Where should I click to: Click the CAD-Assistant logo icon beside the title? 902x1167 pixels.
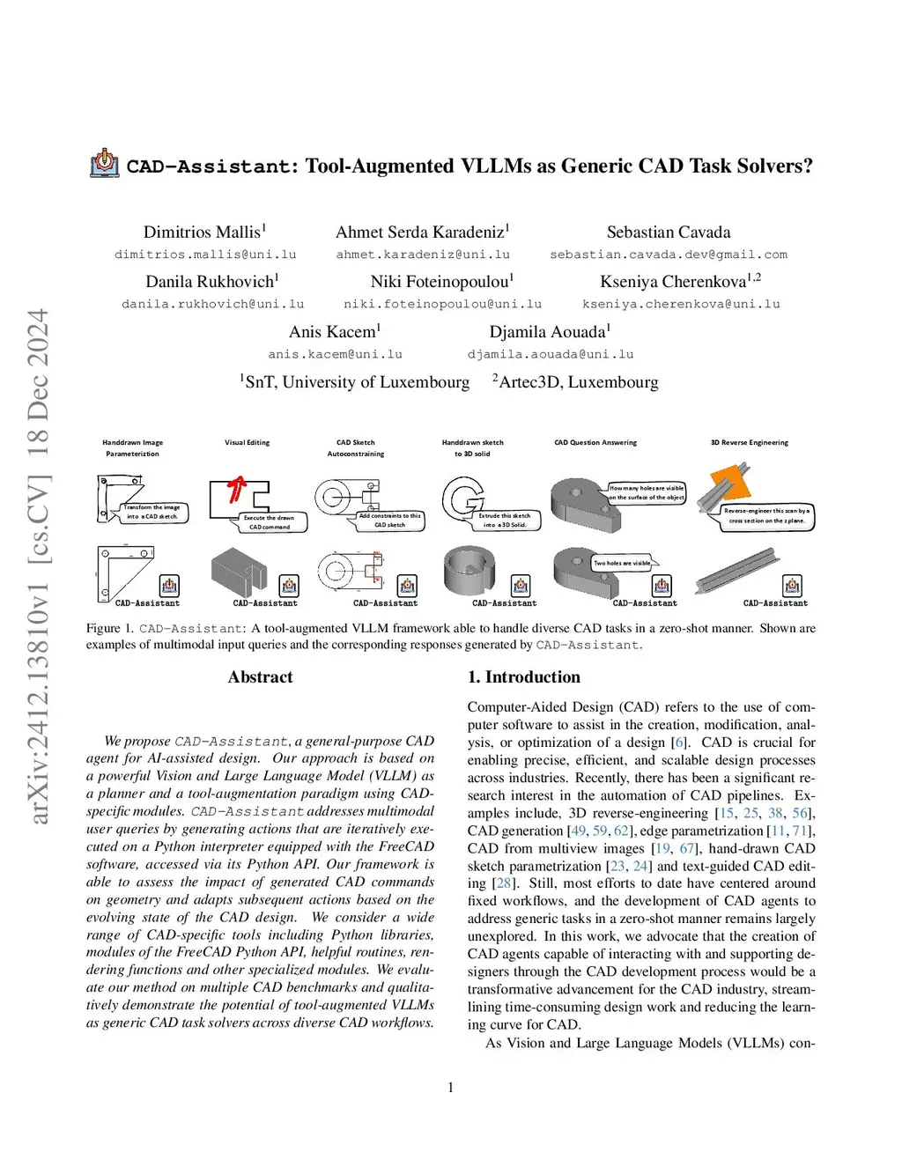tap(105, 163)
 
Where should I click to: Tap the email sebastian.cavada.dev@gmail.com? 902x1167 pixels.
tap(669, 255)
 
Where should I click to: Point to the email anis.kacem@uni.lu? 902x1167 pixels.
tap(335, 354)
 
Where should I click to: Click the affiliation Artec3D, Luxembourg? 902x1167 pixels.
tap(577, 382)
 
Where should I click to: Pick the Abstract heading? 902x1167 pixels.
tap(260, 677)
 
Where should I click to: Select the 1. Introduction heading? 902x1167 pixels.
tap(523, 677)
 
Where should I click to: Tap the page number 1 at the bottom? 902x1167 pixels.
tap(451, 1088)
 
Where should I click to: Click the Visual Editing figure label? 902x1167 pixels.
tap(247, 442)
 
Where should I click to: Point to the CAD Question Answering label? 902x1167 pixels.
tap(595, 442)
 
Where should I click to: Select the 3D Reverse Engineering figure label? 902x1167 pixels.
tap(750, 442)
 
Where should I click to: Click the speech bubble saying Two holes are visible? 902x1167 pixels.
tap(623, 563)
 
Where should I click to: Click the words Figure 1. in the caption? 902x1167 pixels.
tap(109, 629)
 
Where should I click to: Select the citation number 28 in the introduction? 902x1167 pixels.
tap(503, 883)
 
